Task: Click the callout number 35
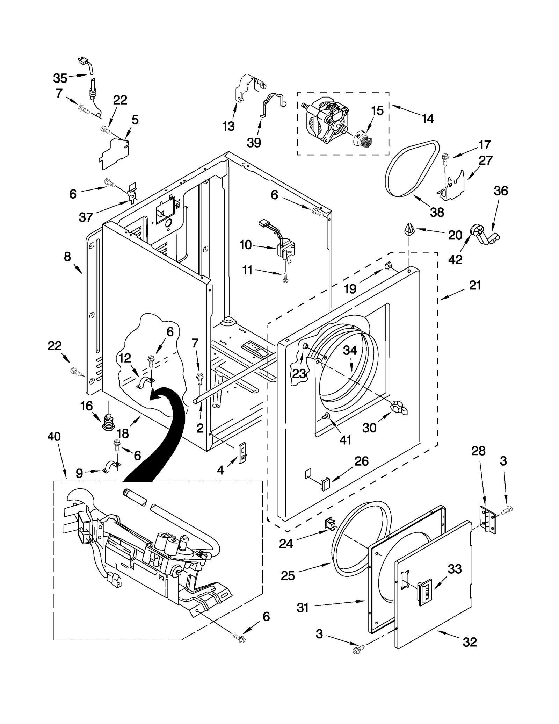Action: (60, 78)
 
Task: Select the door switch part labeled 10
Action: (286, 248)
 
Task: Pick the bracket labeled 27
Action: (453, 186)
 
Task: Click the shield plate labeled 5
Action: (114, 153)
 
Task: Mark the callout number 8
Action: (67, 257)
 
